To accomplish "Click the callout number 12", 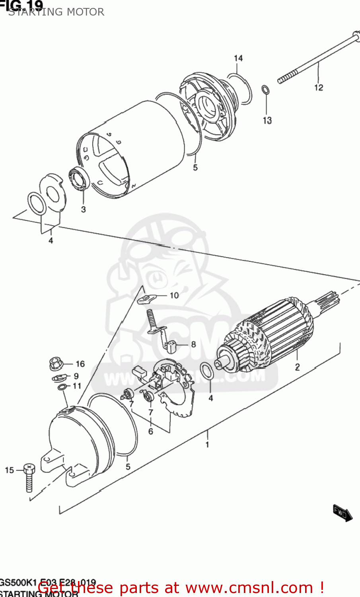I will click(x=319, y=88).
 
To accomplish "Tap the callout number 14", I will click(x=238, y=59).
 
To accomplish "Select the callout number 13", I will click(x=267, y=120).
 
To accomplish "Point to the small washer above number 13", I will click(x=265, y=90).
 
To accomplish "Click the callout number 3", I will click(x=83, y=209).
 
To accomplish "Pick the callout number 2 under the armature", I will click(x=297, y=367).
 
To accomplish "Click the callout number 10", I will click(x=174, y=295).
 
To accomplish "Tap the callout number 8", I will click(x=193, y=344).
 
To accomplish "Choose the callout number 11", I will click(x=76, y=386).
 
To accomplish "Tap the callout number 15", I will click(x=10, y=470).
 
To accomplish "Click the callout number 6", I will click(x=150, y=431).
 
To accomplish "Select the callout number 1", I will click(x=207, y=445).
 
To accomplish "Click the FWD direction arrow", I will click(x=342, y=513).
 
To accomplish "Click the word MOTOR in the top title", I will click(x=86, y=12).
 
